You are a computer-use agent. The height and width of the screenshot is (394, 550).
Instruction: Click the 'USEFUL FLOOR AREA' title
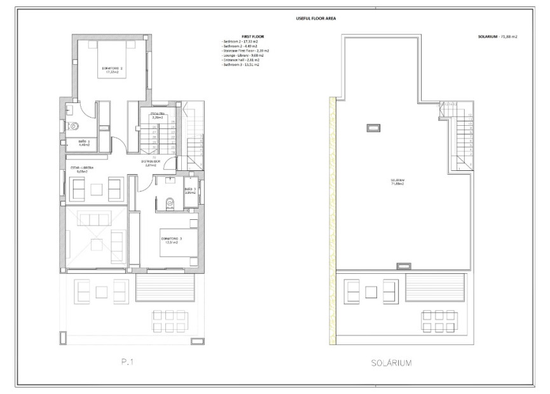315,18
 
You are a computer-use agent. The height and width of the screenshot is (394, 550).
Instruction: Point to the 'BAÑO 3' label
189,190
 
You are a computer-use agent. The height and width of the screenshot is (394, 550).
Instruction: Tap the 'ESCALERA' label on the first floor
156,116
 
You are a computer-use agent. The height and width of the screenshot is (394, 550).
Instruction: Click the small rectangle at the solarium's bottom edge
403,266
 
